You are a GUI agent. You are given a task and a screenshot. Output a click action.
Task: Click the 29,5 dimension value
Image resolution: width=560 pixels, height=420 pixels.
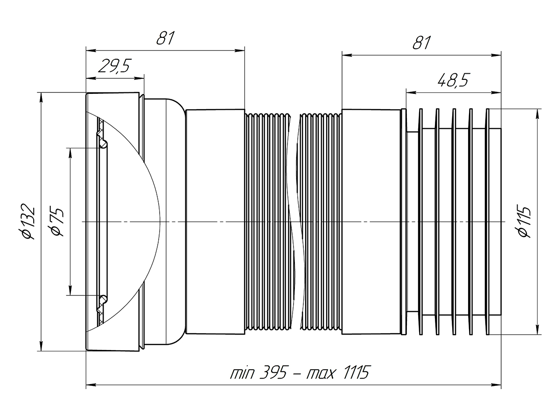[114, 67]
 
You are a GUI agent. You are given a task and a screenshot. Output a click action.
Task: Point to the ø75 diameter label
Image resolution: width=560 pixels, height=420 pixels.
[56, 222]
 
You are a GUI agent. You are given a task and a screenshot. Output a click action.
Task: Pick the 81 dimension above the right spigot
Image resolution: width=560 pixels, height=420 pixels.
[421, 43]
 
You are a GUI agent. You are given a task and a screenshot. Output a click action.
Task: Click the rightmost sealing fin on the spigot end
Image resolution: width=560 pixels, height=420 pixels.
[488, 221]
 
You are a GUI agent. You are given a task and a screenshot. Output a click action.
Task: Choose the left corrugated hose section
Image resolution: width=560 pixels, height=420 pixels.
[268, 221]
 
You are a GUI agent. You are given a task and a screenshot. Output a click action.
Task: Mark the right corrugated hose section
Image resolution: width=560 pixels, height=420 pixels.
[320, 221]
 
